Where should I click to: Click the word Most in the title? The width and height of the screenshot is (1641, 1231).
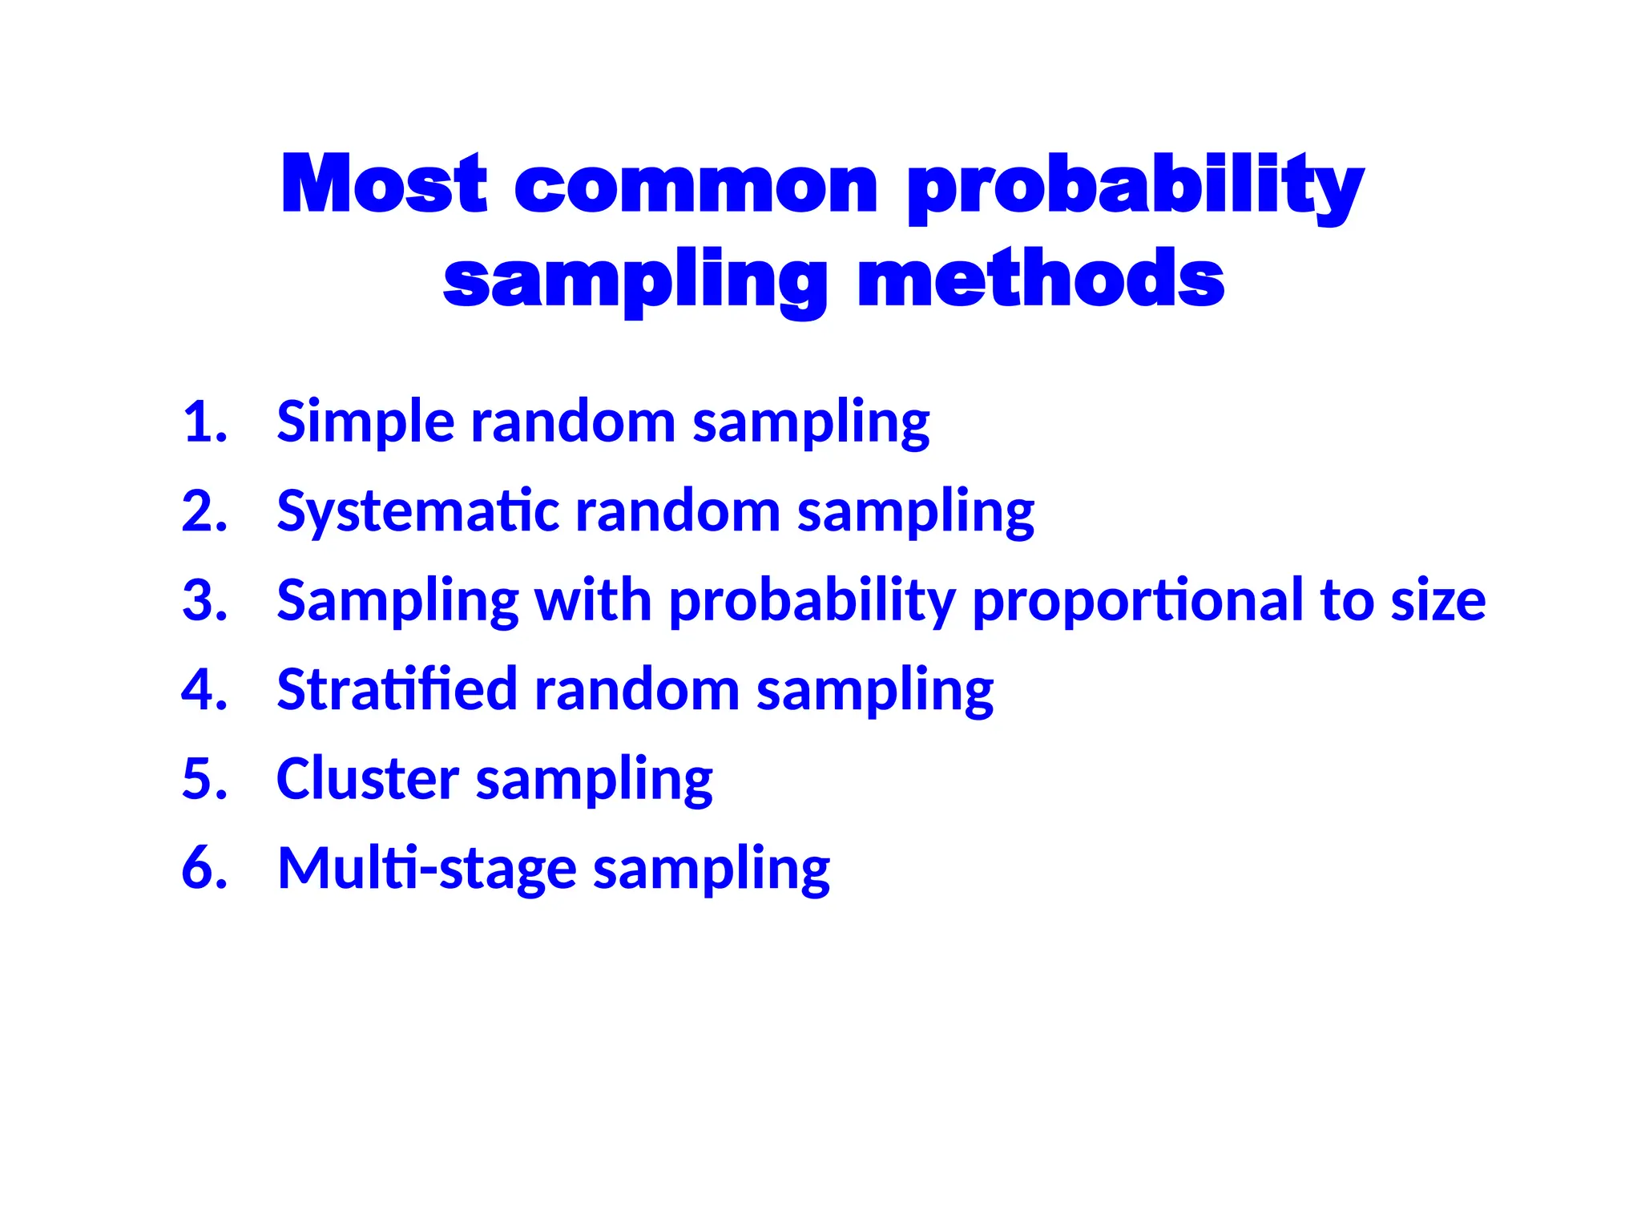tap(384, 185)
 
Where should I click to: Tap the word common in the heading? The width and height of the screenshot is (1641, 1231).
tap(696, 187)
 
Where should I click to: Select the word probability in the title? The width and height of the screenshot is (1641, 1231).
tap(1135, 187)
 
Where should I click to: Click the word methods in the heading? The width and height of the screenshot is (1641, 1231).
tap(1040, 279)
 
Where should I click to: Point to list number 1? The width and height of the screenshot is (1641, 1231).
tap(204, 422)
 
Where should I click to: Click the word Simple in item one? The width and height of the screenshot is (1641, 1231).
tap(365, 422)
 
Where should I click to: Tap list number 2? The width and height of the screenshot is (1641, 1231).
tap(204, 511)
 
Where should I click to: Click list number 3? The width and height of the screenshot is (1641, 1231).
tap(204, 600)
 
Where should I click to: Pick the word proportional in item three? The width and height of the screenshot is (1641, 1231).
tap(1138, 600)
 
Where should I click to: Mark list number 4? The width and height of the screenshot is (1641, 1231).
tap(204, 690)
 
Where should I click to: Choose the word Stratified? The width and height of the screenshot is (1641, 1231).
tap(397, 690)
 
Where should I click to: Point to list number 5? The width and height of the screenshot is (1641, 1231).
tap(204, 779)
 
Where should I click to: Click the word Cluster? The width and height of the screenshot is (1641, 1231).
tap(367, 779)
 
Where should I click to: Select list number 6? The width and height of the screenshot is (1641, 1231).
tap(204, 868)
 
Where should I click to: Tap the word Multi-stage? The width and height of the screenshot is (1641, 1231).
tap(426, 868)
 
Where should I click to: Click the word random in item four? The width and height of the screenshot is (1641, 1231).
tap(637, 690)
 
